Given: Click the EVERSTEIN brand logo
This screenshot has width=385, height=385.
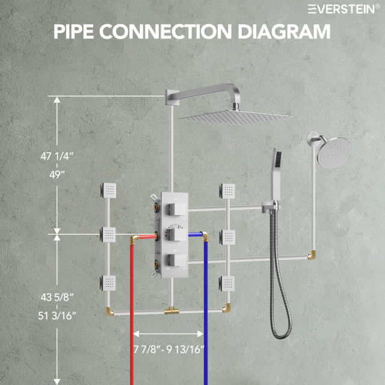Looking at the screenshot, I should [x=343, y=8].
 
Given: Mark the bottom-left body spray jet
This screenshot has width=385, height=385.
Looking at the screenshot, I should [x=108, y=282].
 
